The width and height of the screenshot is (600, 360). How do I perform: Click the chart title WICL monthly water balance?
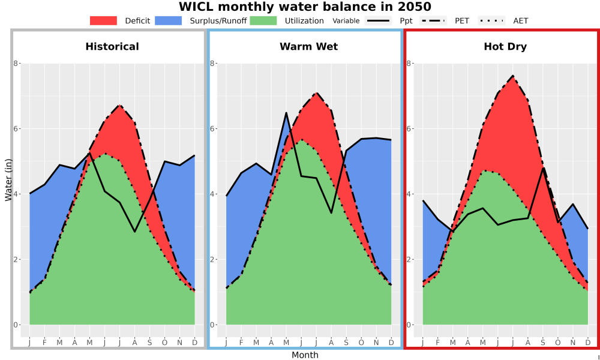[x=305, y=7]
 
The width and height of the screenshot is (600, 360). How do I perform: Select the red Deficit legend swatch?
[x=103, y=20]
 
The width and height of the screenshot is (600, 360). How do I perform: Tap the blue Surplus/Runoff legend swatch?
[x=169, y=20]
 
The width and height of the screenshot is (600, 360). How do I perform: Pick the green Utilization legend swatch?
[x=263, y=20]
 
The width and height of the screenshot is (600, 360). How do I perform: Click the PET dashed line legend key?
[x=433, y=20]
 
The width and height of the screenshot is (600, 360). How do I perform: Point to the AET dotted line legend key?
[x=491, y=20]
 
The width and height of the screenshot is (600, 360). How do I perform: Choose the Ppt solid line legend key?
[x=377, y=20]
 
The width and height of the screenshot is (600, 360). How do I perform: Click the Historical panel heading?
[x=112, y=47]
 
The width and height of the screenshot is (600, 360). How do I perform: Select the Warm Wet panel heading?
[x=309, y=47]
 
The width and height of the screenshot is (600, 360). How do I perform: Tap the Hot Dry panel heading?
[x=505, y=47]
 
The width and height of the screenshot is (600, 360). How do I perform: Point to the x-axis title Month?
[x=305, y=355]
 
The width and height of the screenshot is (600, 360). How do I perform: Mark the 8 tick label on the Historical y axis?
[x=16, y=63]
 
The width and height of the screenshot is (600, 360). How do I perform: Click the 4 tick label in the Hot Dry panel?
[x=409, y=194]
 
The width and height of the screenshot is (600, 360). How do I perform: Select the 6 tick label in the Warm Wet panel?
[x=212, y=128]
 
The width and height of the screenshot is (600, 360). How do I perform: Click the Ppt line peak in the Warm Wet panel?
[x=286, y=113]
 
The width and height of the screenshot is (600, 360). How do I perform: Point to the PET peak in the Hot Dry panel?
[x=513, y=76]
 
